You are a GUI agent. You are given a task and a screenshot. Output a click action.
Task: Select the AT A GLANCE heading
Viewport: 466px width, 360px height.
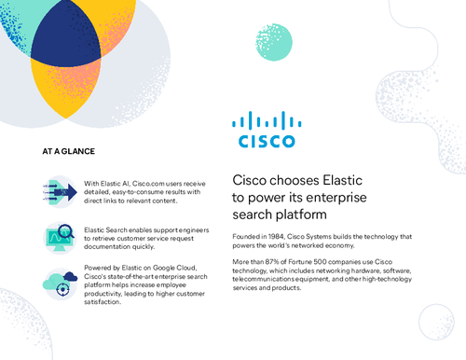click(68, 149)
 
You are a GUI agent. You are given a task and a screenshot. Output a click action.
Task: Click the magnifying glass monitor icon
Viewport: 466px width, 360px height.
click(58, 237)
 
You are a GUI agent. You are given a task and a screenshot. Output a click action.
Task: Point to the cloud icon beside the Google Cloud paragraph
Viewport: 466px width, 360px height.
click(58, 281)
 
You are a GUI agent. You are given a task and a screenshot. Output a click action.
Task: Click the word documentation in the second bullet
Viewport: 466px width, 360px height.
click(109, 246)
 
